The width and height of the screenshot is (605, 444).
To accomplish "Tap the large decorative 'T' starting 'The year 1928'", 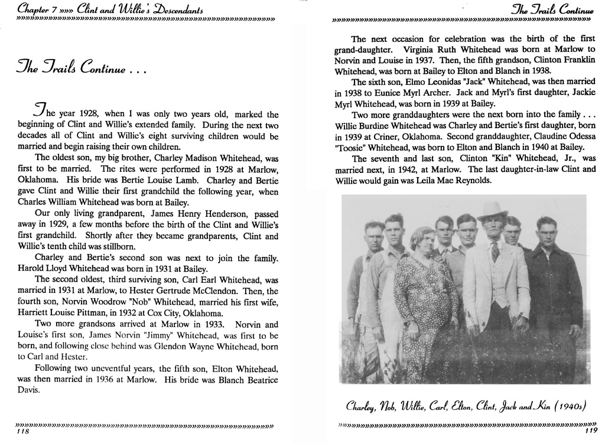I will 40,110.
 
